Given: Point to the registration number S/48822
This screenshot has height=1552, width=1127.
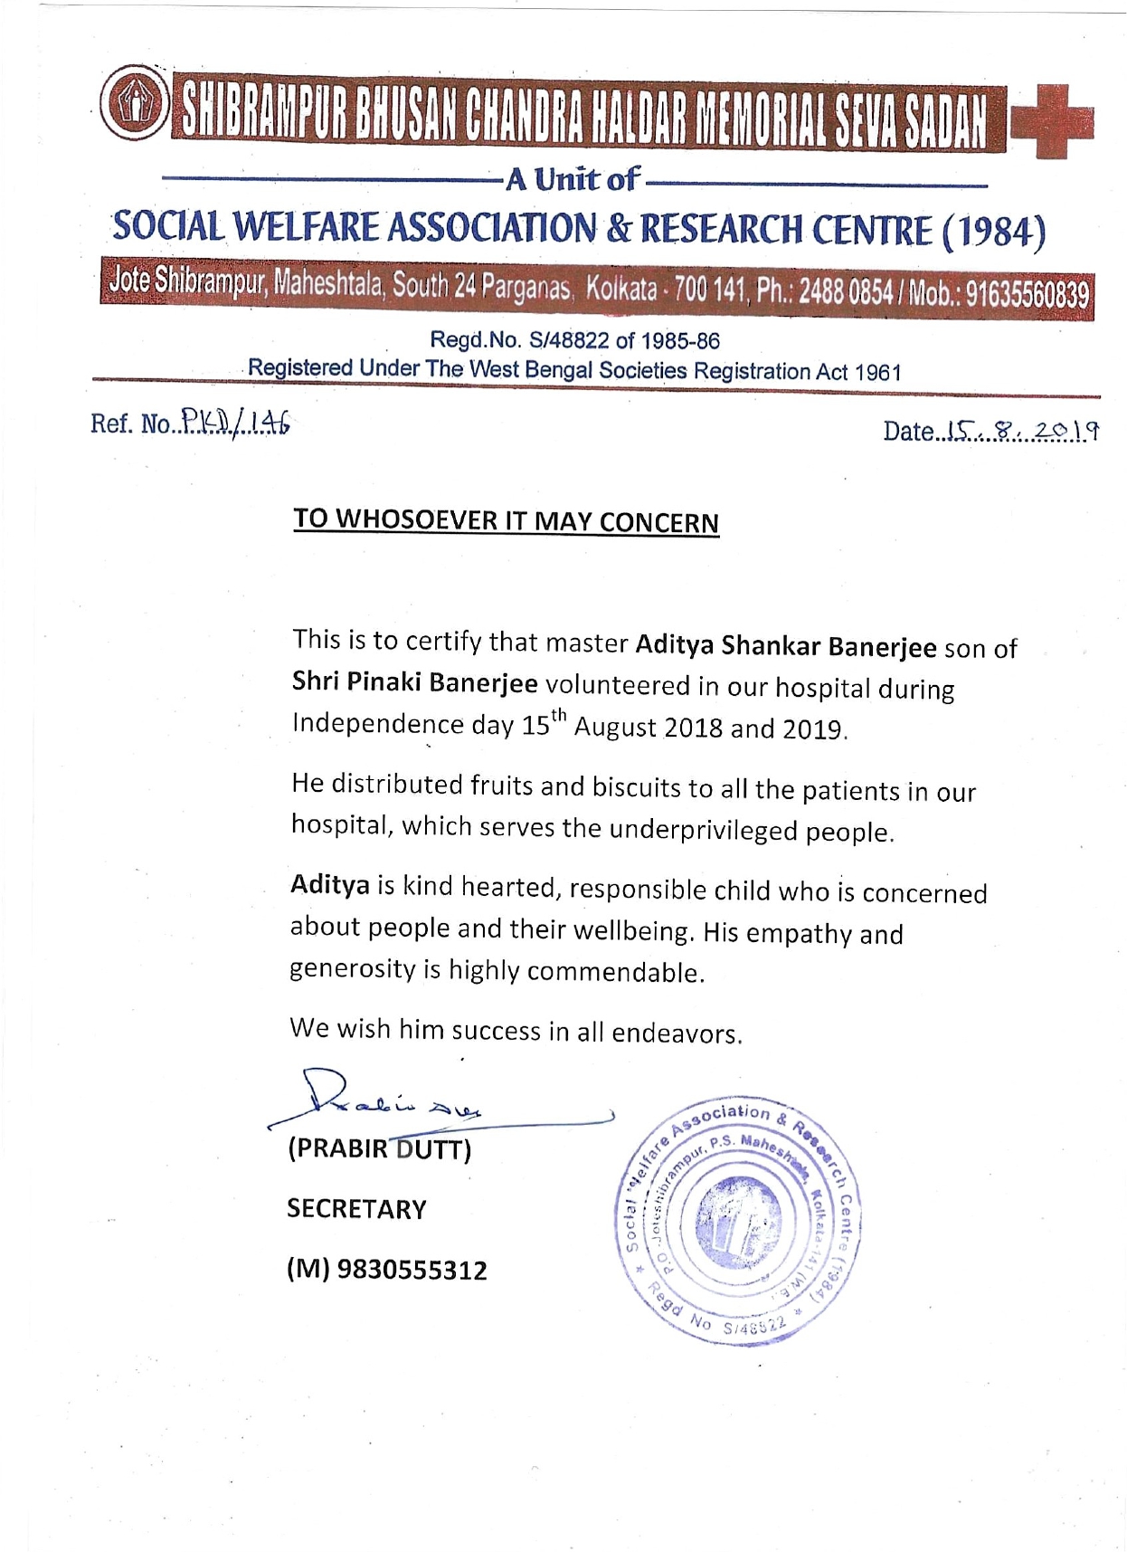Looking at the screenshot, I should point(570,340).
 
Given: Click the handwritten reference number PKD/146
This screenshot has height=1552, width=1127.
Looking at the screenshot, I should point(236,422).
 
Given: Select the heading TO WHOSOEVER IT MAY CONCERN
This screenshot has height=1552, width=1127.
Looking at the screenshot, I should point(506,520).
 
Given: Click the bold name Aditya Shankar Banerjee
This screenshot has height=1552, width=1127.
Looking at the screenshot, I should point(786,645).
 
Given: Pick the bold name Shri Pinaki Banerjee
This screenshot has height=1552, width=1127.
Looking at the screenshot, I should point(414,682).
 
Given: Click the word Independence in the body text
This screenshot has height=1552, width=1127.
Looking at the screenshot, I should point(377,724).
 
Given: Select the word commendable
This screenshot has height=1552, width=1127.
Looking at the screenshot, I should point(615,972).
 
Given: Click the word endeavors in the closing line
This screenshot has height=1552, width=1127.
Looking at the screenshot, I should point(677,1033).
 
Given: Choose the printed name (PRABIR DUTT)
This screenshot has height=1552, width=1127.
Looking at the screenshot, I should point(379,1149).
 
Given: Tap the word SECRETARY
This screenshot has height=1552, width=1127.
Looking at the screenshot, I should point(356,1209).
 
